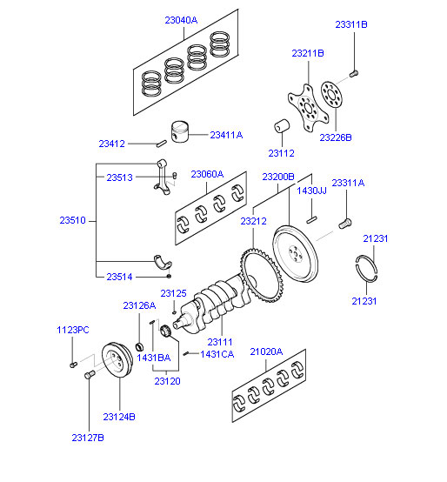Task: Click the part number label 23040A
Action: point(181,20)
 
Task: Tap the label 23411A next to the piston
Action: point(226,135)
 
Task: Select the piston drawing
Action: point(180,131)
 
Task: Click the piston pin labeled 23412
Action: point(162,144)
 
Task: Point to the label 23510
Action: point(72,220)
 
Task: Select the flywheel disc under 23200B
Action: point(295,254)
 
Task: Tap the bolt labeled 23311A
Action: point(345,224)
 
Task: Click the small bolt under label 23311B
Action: point(354,73)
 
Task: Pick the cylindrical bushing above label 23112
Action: point(282,126)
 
